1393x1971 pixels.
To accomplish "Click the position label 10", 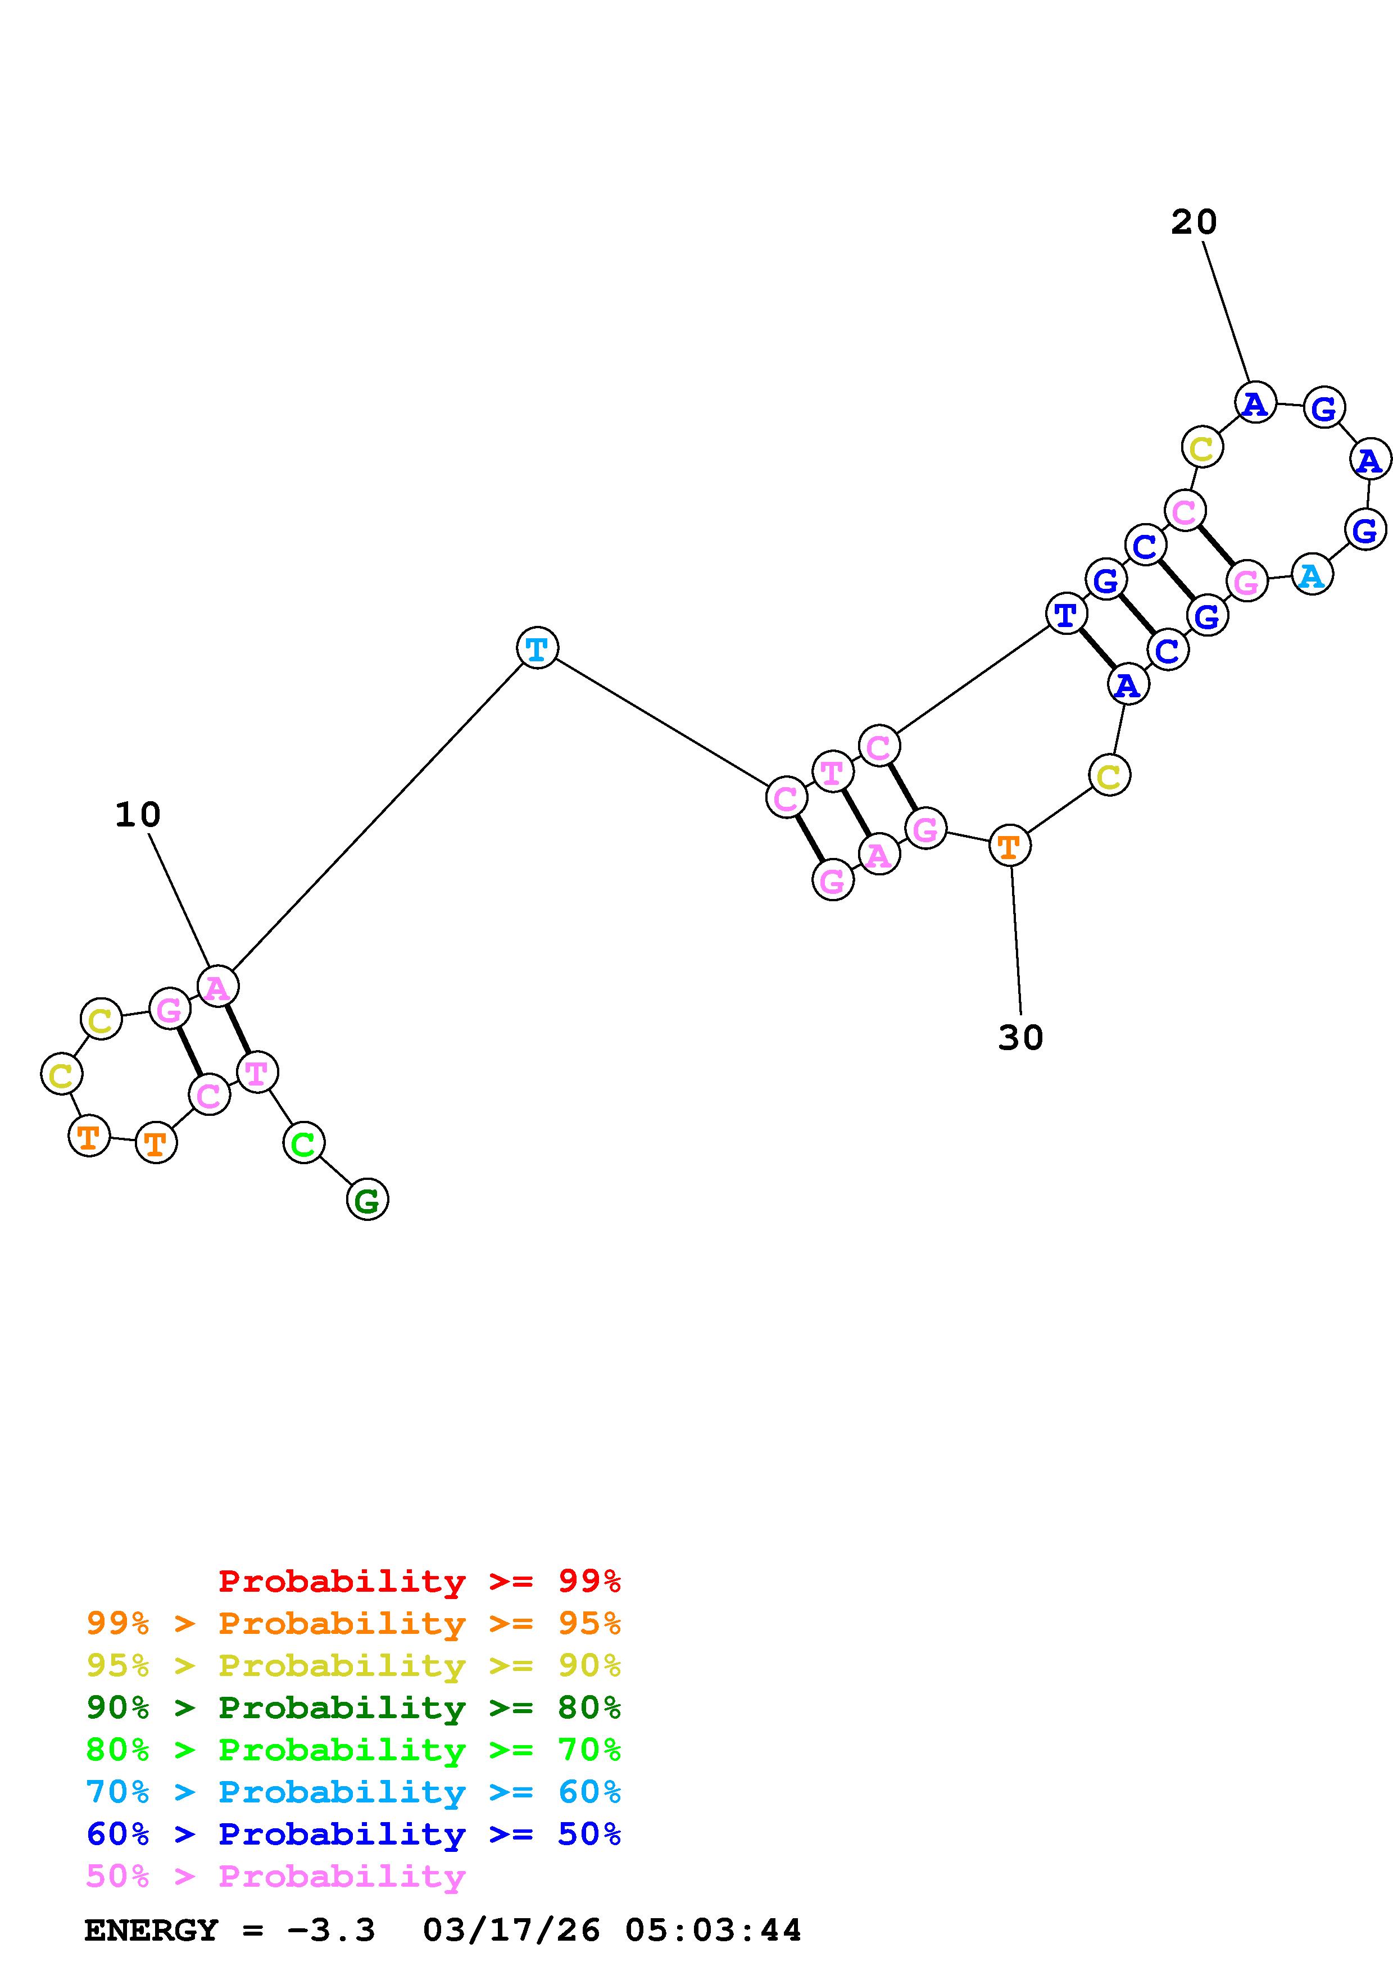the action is [137, 815].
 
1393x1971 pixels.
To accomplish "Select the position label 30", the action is [1020, 1038].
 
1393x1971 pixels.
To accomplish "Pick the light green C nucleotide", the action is [303, 1143].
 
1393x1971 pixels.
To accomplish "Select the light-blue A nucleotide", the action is [1312, 575].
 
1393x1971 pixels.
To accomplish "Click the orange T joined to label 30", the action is [1009, 846].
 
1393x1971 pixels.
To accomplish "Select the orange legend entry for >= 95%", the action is [353, 1623].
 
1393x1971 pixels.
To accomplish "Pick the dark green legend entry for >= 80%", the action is [353, 1707].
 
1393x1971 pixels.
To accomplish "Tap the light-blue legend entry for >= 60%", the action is [353, 1792].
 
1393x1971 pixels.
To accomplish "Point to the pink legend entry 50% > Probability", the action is [275, 1875].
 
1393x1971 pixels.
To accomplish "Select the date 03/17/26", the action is [511, 1931].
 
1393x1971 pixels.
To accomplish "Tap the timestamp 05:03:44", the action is [713, 1931].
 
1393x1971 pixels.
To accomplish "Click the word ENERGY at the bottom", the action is [151, 1931].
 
